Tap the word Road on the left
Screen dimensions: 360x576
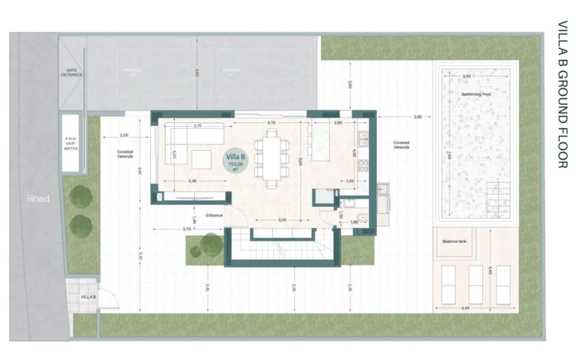coord(38,199)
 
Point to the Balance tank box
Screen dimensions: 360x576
coord(454,241)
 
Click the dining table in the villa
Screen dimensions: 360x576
coord(268,155)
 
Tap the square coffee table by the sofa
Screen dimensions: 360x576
coord(201,160)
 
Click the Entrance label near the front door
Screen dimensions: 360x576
coord(214,216)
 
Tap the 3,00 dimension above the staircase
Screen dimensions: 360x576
coord(281,220)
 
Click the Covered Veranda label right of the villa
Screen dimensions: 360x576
coord(401,145)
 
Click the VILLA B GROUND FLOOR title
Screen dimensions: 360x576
coord(562,94)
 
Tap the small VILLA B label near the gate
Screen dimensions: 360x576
coord(88,298)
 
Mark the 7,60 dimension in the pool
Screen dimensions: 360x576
coord(448,156)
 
